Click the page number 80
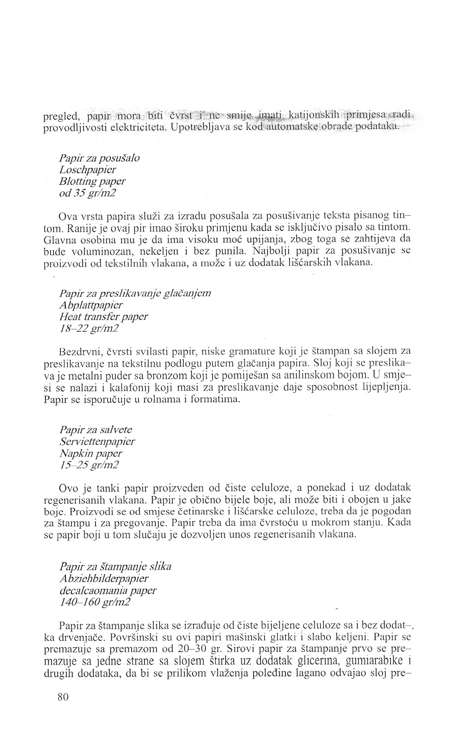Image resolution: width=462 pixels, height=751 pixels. click(x=64, y=697)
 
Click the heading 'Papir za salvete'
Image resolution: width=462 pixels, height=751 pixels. click(x=96, y=430)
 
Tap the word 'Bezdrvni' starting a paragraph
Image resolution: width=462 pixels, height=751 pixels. click(x=78, y=353)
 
